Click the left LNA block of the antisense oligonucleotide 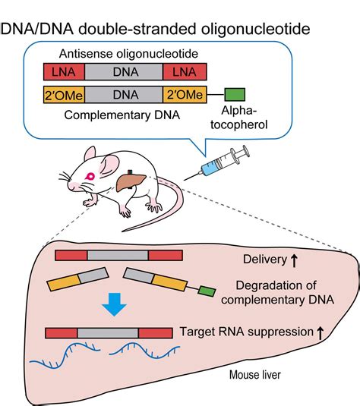click(64, 72)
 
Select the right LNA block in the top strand click(185, 72)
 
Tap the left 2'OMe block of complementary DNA click(64, 95)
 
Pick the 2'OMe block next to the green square click(185, 95)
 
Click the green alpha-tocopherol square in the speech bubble click(235, 95)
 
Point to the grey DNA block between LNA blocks click(124, 72)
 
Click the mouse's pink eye click(90, 177)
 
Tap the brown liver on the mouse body click(131, 182)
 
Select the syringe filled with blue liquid click(217, 163)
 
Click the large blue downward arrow click(114, 304)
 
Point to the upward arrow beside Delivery click(294, 260)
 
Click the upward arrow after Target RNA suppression click(321, 333)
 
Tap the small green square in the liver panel click(207, 291)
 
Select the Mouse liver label click(255, 375)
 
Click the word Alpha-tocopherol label click(238, 118)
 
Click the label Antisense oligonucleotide click(128, 54)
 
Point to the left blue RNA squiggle click(65, 354)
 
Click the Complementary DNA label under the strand click(122, 115)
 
